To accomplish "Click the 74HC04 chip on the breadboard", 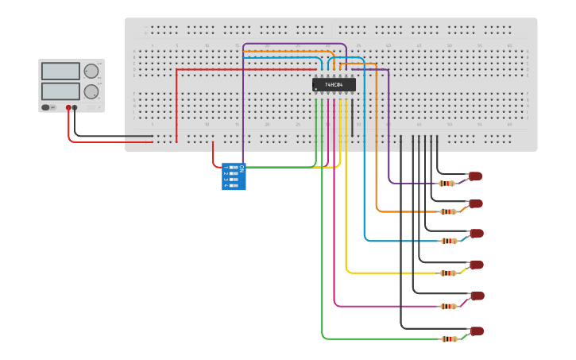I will [x=334, y=84].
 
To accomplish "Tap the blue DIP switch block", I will [x=233, y=176].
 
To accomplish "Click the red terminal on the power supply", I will [x=69, y=107].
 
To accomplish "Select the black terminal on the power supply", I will [x=75, y=107].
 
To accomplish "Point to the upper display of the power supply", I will [x=61, y=72].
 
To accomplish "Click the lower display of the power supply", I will [x=61, y=91].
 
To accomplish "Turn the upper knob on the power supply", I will [x=91, y=72].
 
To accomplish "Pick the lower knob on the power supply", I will [x=91, y=91].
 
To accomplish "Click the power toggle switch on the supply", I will [x=47, y=107].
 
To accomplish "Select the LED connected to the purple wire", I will [x=475, y=176].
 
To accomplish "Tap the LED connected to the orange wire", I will [x=476, y=203].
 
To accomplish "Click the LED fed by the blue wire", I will [x=476, y=234].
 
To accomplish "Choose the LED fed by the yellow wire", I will [x=476, y=265].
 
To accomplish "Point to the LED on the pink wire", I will [x=477, y=296].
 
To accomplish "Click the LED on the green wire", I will [x=477, y=331].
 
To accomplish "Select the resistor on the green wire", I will [x=449, y=339].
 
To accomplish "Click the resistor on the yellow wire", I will [x=449, y=273].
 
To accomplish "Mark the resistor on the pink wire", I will [x=449, y=306].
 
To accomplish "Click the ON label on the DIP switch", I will [x=242, y=168].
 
